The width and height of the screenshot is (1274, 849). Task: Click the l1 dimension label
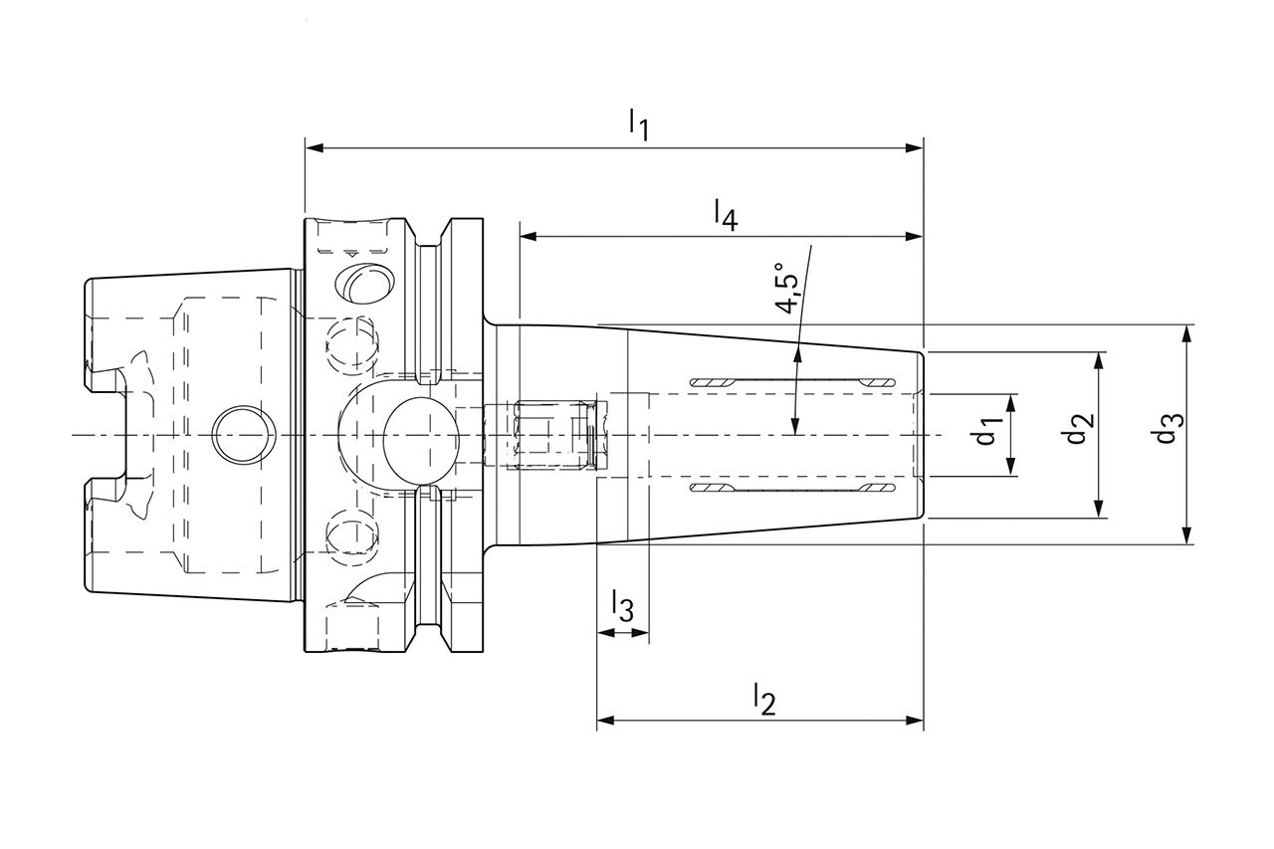click(x=638, y=124)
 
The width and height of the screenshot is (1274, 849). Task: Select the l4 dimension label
click(x=725, y=214)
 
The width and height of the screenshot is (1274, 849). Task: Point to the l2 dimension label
click(x=762, y=698)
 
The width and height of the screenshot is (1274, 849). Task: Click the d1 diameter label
click(x=988, y=434)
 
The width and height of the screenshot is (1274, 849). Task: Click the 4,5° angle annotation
click(x=787, y=290)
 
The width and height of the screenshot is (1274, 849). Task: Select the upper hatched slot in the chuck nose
click(x=791, y=382)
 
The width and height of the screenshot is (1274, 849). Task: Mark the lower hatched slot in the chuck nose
click(x=791, y=490)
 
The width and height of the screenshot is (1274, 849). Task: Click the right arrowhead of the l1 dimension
click(x=915, y=149)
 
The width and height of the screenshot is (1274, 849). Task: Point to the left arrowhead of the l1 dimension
click(x=313, y=149)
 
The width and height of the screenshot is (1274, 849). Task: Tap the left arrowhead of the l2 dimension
click(x=605, y=721)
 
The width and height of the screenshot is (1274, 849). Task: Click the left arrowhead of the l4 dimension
click(x=529, y=237)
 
